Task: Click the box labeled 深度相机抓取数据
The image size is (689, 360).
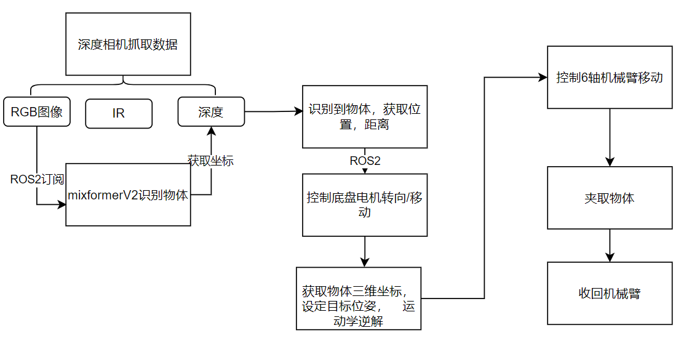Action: coord(127,45)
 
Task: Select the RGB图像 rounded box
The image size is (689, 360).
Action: coord(37,112)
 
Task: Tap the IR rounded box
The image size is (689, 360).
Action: coord(119,114)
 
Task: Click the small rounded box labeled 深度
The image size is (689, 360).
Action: coord(210,112)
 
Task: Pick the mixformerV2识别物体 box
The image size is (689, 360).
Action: coord(128,195)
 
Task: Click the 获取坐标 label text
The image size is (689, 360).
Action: coord(210,160)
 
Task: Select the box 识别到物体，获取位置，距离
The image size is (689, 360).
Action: coord(364,117)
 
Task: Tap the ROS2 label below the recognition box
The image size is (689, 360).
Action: coord(365,161)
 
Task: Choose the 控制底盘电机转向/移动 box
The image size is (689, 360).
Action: coord(364,204)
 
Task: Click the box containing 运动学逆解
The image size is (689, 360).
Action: coord(359,298)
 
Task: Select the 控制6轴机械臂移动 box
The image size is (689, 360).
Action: coord(609,78)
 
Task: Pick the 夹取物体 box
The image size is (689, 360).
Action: coord(609,198)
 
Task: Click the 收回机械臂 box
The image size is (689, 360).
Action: coord(609,294)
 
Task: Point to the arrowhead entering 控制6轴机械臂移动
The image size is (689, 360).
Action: coord(543,78)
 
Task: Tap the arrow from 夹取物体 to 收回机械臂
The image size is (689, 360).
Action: coord(610,246)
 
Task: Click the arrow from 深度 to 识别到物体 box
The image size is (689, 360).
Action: coord(274,112)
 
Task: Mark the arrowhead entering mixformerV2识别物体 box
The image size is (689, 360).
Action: coord(62,204)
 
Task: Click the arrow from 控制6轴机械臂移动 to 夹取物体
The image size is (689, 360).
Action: coord(610,138)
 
